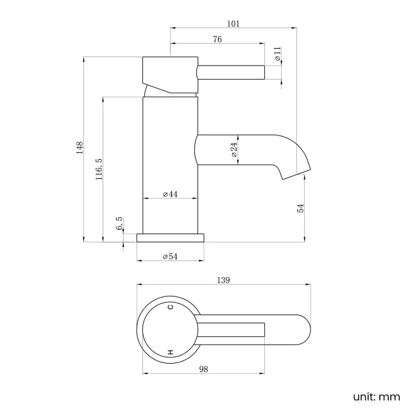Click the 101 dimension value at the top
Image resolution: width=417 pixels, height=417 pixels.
[233, 24]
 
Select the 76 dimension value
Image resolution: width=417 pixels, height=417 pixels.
[217, 40]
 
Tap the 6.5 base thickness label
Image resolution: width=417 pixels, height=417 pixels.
[119, 224]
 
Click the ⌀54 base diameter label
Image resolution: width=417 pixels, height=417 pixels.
[170, 257]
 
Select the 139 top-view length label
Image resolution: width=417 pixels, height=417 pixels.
[223, 280]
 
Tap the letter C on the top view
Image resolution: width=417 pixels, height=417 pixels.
[171, 307]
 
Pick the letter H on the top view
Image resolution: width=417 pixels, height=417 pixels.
[171, 352]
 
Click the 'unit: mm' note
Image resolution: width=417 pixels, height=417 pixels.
[376, 396]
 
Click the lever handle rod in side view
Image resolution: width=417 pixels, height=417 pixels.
[231, 71]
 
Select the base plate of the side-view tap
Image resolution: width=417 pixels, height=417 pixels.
[171, 237]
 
